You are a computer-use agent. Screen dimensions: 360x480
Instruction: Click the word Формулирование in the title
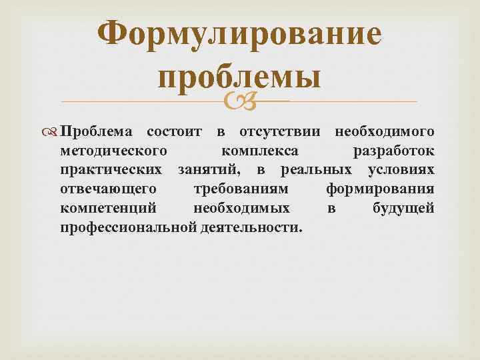point(240,35)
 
